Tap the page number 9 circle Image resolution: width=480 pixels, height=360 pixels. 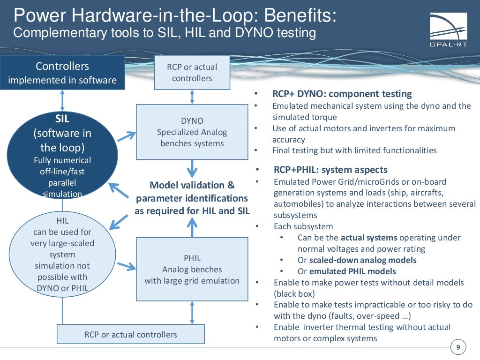point(457,347)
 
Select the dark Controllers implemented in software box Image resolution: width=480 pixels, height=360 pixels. point(62,73)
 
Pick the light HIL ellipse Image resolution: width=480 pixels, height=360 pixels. point(62,254)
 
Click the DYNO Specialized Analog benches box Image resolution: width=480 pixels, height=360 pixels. point(192,132)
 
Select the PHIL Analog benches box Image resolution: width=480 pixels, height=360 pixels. point(192,269)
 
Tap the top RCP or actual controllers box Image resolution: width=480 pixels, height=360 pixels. point(192,72)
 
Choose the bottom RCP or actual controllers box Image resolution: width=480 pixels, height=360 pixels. point(130,334)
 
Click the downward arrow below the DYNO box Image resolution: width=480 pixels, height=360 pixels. point(192,168)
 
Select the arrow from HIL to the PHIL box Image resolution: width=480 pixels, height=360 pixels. point(126,266)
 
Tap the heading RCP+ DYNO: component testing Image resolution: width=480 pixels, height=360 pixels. point(342,94)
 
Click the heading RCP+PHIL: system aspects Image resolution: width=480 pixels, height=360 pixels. point(330,170)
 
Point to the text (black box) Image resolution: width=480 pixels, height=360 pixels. point(294,294)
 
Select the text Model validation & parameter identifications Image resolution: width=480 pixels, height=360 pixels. point(192,191)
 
